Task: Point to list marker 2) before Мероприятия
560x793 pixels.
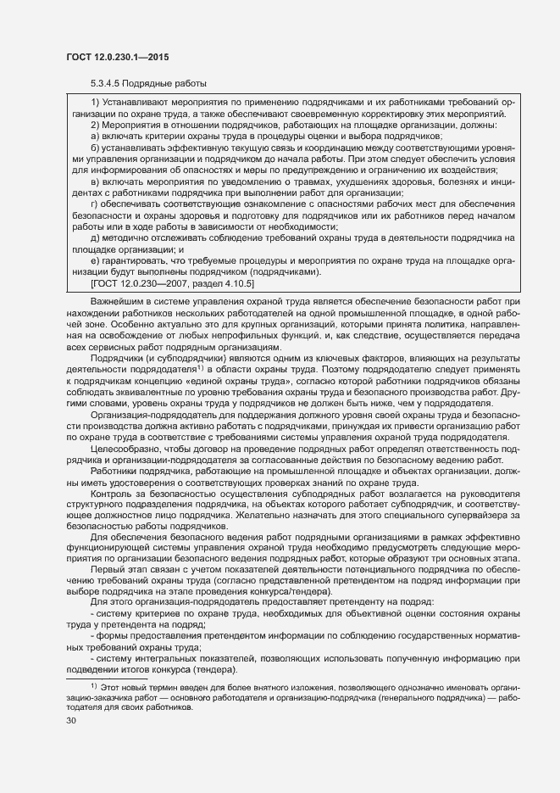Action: click(x=96, y=126)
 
